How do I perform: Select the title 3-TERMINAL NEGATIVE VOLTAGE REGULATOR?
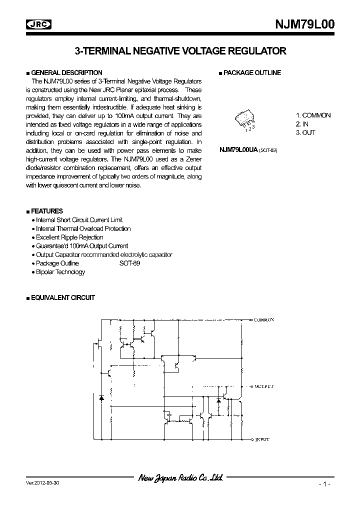click(x=180, y=51)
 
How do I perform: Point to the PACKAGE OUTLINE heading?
click(x=251, y=72)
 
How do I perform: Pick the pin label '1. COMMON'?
click(x=312, y=115)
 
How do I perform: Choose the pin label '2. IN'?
click(x=301, y=123)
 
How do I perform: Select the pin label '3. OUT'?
click(x=305, y=132)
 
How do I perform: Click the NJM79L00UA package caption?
click(x=247, y=150)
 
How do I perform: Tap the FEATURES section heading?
click(x=47, y=211)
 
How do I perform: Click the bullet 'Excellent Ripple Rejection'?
click(x=69, y=237)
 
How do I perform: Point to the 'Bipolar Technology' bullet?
click(x=60, y=272)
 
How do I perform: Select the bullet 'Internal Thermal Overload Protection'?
click(x=83, y=228)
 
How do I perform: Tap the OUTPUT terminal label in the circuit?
click(x=264, y=386)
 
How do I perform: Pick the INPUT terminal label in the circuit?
click(x=262, y=439)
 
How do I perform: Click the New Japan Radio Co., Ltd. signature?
click(x=180, y=478)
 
